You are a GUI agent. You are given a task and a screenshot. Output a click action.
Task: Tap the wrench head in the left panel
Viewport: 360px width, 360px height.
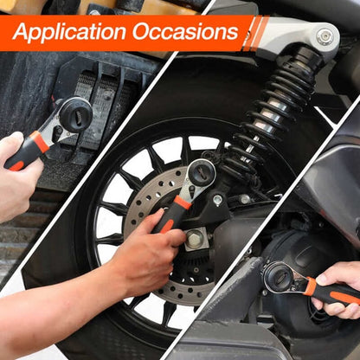point(74,113)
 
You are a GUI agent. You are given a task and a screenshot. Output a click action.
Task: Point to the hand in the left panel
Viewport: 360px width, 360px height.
point(16,173)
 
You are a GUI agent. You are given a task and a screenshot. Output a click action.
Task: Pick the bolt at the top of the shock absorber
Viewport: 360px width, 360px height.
point(325,36)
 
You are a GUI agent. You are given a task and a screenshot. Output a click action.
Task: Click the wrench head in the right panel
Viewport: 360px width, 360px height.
point(281,277)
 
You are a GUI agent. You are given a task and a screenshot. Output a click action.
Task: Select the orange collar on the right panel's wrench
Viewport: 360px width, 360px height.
point(310,286)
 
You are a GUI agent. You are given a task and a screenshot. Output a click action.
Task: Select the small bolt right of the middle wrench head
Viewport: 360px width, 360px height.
point(217,200)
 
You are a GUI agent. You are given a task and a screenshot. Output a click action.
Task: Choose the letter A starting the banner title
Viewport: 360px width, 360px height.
point(21,34)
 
